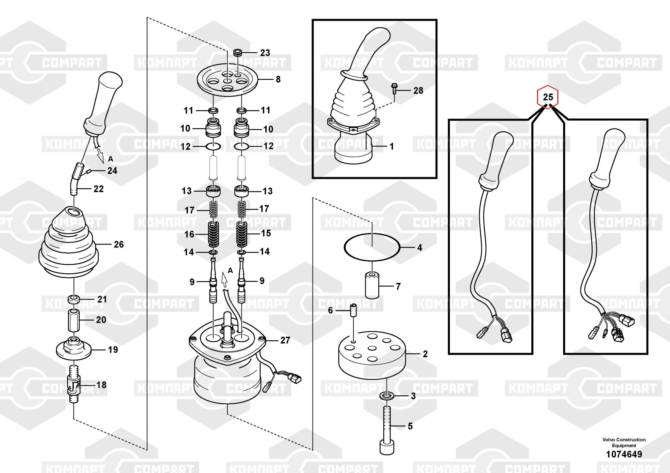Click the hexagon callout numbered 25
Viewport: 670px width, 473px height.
click(x=548, y=97)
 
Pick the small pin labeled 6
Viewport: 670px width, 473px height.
click(x=353, y=311)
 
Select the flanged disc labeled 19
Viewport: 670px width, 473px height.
click(x=74, y=348)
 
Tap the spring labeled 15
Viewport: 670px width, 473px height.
click(x=242, y=233)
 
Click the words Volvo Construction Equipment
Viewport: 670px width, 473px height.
click(x=624, y=442)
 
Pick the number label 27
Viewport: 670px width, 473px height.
click(x=285, y=340)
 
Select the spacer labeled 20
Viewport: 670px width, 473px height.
click(x=74, y=320)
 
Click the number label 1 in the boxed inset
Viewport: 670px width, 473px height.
click(x=391, y=146)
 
